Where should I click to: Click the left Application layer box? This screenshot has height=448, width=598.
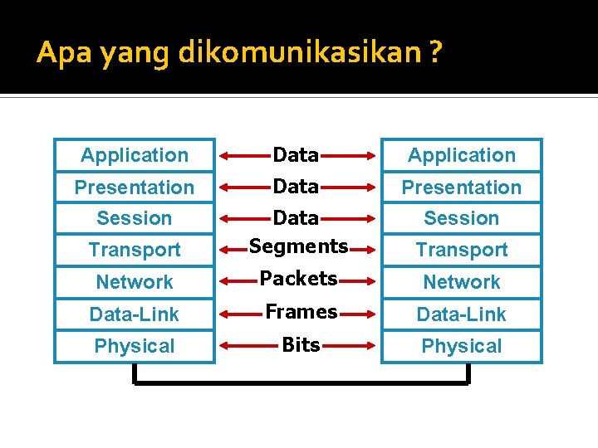(x=135, y=155)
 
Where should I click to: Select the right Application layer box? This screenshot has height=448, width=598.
(x=462, y=155)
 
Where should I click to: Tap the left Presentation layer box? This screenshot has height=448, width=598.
(x=135, y=187)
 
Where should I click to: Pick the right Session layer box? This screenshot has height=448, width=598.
(x=462, y=218)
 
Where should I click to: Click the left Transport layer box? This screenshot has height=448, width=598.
(x=135, y=250)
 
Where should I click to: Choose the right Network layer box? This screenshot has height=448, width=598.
(x=462, y=282)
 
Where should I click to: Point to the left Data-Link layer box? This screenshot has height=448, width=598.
(x=135, y=314)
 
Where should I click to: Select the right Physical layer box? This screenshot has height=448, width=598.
(x=462, y=346)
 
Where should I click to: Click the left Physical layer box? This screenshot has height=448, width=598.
(x=135, y=346)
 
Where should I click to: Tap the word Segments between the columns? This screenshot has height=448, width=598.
(x=298, y=246)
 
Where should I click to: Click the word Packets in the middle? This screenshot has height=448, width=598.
(x=298, y=278)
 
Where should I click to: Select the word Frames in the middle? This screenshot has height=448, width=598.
(x=301, y=311)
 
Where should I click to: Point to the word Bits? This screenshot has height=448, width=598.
(x=301, y=345)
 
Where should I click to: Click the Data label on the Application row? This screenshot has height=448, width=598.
(x=296, y=154)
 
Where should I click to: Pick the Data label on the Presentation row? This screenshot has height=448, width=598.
(x=296, y=186)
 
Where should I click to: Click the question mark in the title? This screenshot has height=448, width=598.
(x=437, y=53)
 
